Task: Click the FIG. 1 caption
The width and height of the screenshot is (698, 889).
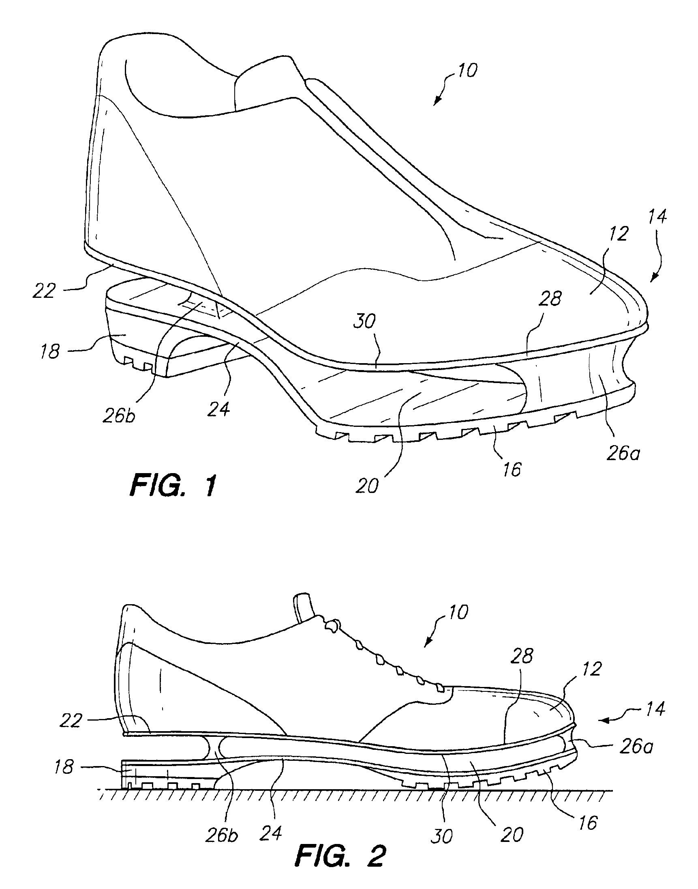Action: coord(173,486)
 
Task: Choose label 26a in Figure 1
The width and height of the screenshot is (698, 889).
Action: coord(623,454)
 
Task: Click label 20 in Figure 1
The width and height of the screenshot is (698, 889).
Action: coord(367,486)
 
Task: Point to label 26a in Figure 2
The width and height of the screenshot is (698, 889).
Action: coord(636,747)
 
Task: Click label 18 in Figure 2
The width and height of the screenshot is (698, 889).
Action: coord(64,767)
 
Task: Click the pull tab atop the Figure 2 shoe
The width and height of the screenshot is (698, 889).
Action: coord(302,606)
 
